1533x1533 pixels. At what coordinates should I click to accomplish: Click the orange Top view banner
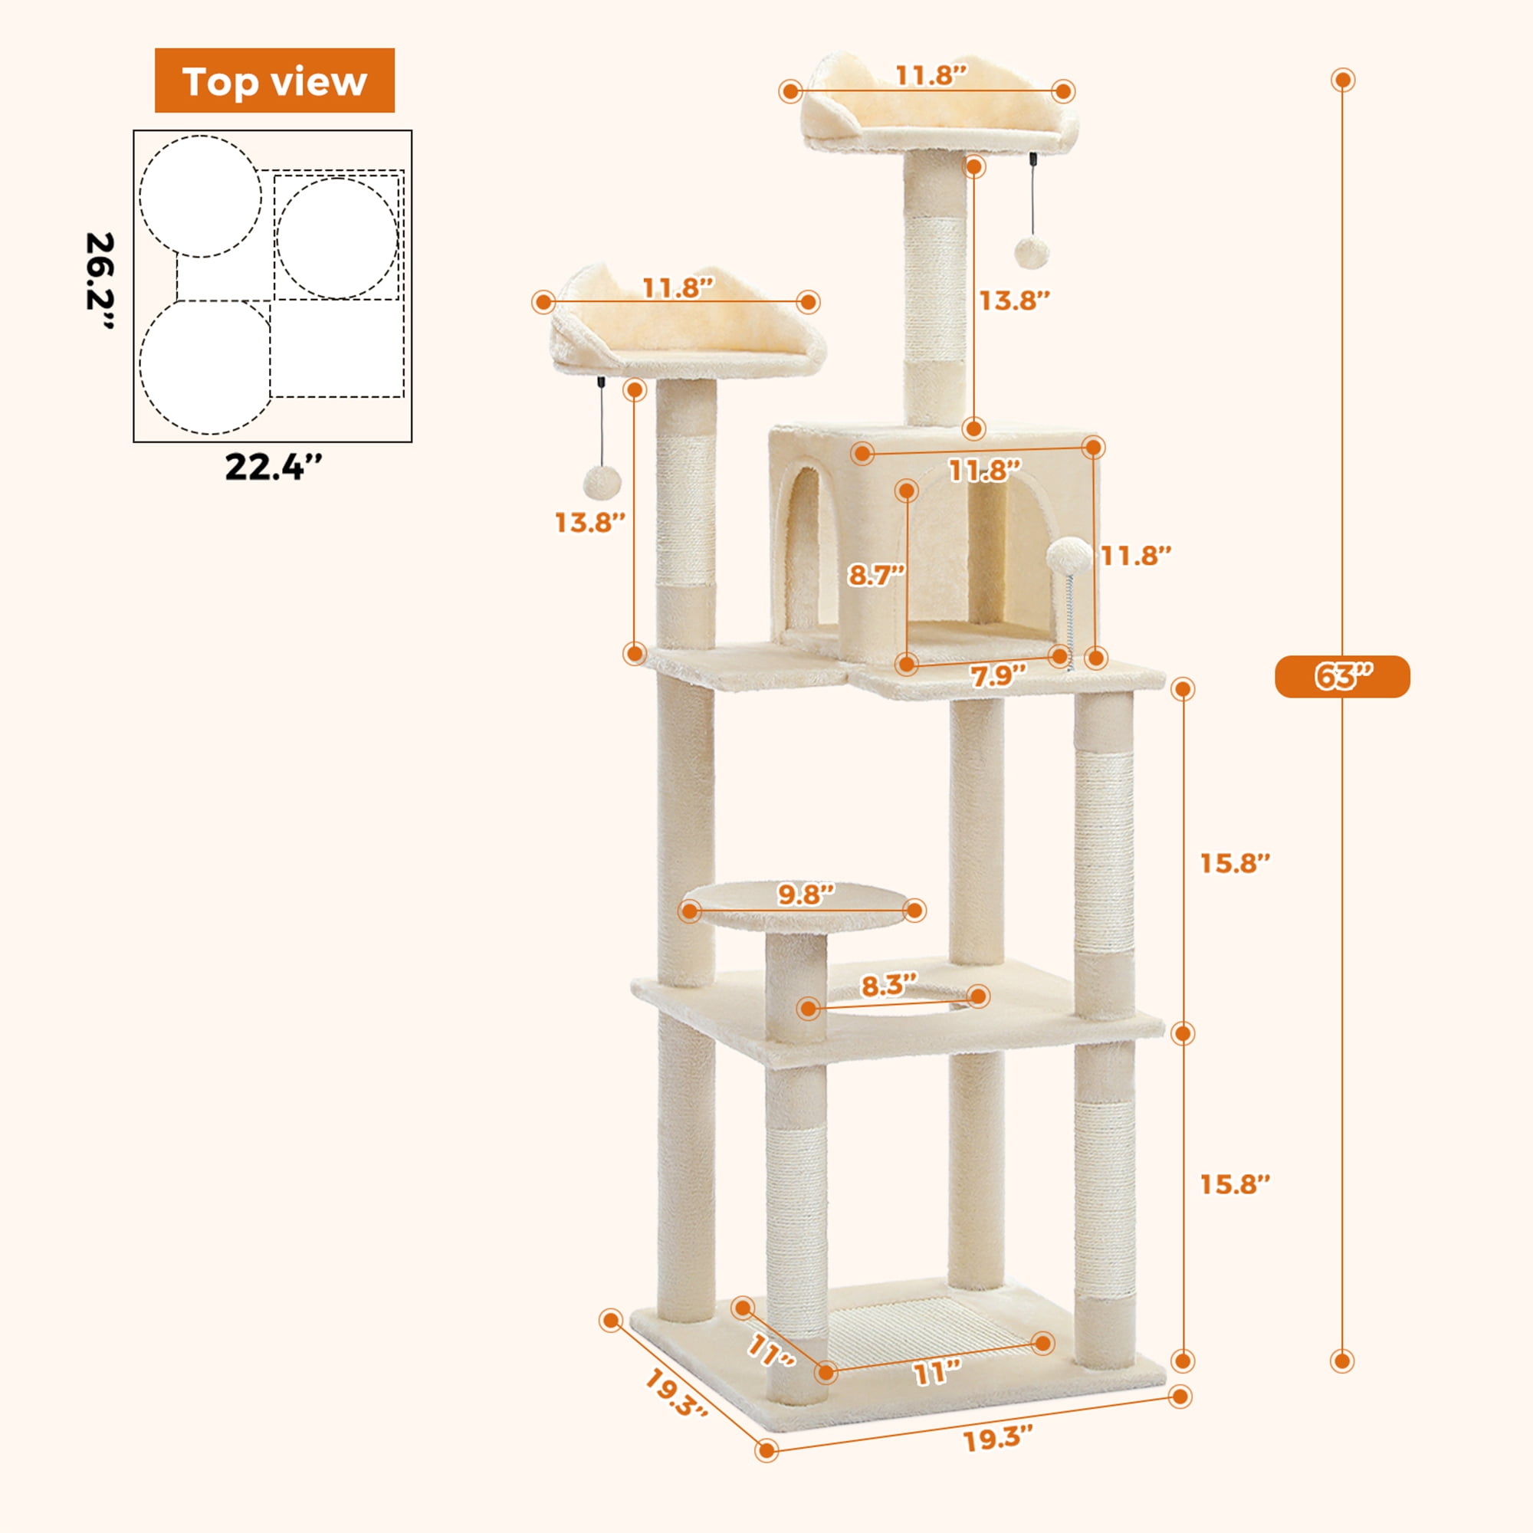pos(274,80)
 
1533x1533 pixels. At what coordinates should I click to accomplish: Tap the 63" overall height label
pos(1342,677)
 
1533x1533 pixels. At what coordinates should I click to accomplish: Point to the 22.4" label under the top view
pos(274,467)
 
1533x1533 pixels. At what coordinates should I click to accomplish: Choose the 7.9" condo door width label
pos(998,675)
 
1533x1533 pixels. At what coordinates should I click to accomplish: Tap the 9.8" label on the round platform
pos(806,895)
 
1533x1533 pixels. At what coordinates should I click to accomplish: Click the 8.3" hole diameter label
pos(888,986)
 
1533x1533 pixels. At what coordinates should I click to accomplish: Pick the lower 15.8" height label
pos(1235,1184)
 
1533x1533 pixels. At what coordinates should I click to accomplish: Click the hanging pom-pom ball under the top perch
pos(1032,252)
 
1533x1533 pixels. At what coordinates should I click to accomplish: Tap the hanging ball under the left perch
pos(602,481)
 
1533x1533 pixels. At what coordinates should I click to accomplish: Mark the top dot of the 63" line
pos(1343,80)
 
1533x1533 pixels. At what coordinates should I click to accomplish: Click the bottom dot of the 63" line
pos(1342,1361)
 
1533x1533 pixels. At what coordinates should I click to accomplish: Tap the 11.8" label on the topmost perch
pos(931,75)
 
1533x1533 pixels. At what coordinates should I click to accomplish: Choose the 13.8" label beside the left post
pos(589,522)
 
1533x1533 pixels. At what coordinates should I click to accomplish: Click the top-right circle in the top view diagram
pos(336,238)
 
